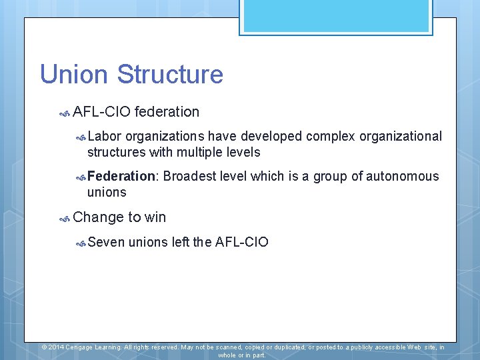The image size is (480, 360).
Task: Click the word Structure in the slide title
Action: click(x=170, y=74)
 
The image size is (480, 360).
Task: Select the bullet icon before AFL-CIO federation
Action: click(x=65, y=113)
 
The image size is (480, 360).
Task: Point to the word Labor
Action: click(x=104, y=137)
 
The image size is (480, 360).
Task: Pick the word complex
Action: click(x=331, y=137)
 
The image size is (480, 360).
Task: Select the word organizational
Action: click(x=401, y=137)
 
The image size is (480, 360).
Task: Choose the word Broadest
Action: click(x=190, y=177)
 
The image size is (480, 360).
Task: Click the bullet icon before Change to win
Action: click(x=65, y=218)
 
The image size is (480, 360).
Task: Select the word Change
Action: click(x=98, y=217)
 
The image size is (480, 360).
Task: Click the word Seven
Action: click(x=106, y=242)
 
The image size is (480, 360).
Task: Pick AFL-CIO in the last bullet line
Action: click(x=242, y=242)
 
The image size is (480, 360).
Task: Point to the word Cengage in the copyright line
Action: click(x=83, y=347)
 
